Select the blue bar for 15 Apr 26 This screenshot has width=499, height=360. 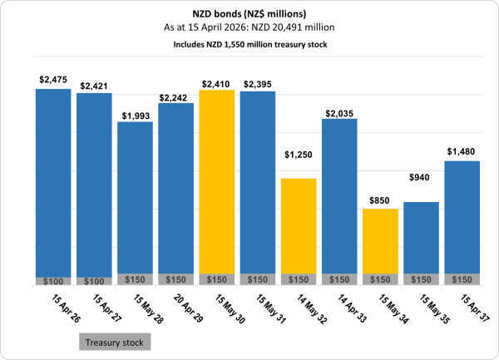pyautogui.click(x=52, y=183)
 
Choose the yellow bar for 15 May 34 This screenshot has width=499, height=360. pyautogui.click(x=380, y=241)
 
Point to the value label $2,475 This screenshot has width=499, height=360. pyautogui.click(x=52, y=80)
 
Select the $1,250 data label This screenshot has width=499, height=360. pyautogui.click(x=299, y=155)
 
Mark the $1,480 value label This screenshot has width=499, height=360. pyautogui.click(x=462, y=150)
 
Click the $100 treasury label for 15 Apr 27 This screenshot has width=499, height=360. pyautogui.click(x=93, y=281)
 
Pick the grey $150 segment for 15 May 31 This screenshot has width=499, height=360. pyautogui.click(x=257, y=279)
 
